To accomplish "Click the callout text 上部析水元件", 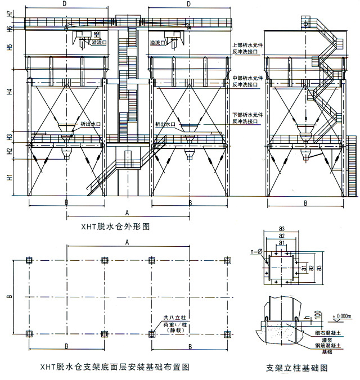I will (x=245, y=44).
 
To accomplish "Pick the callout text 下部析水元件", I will (x=245, y=116).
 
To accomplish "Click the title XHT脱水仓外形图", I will (x=115, y=227).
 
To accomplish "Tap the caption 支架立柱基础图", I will (x=297, y=369).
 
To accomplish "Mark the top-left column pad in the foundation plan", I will (x=29, y=260).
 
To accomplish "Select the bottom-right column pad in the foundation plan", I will (x=227, y=334).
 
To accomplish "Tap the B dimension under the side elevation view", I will (x=305, y=202).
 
